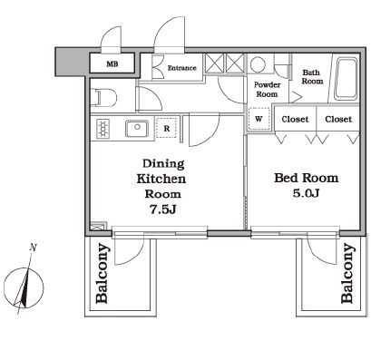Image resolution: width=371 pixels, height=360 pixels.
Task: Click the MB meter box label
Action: [x=112, y=64]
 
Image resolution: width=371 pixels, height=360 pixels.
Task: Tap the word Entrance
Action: [x=182, y=68]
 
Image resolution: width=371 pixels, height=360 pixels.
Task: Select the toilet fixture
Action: [x=103, y=97]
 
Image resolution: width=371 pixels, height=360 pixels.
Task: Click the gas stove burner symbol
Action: [x=103, y=129]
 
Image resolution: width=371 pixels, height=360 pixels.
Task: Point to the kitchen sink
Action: [x=137, y=129]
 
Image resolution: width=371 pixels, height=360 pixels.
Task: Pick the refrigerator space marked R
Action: [x=167, y=128]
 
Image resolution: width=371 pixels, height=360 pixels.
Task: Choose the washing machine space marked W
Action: [x=259, y=119]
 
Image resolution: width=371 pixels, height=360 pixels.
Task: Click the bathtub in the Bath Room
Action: [x=347, y=79]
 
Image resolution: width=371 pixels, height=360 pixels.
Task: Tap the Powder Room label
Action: [x=267, y=89]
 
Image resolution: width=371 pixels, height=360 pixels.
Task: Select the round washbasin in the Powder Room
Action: [x=258, y=64]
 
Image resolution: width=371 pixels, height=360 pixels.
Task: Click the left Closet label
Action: [x=295, y=119]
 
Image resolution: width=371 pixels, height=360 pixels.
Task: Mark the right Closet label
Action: [x=338, y=119]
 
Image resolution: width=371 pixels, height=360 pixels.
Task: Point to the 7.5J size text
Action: [x=163, y=209]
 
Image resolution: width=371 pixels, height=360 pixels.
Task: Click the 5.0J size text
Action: [x=306, y=193]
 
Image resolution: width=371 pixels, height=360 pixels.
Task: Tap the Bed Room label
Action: [x=306, y=178]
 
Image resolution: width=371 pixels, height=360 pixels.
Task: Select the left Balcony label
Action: [x=102, y=274]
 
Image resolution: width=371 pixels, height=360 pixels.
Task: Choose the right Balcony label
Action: [x=347, y=274]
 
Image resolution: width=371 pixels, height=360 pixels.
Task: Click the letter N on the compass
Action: [x=33, y=248]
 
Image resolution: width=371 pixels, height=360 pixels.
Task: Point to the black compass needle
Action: [x=25, y=287]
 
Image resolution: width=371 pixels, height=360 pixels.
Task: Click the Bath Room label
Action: [x=312, y=77]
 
